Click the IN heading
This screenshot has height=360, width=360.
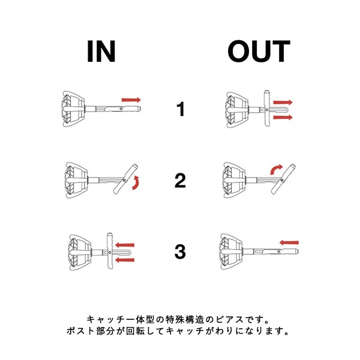[101, 51]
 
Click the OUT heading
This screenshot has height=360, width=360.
[259, 51]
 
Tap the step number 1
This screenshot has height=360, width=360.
[181, 109]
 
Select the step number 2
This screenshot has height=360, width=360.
[180, 181]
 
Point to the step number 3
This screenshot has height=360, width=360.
[180, 252]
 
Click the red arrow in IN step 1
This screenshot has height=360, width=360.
[131, 100]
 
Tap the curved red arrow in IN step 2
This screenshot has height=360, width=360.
[136, 183]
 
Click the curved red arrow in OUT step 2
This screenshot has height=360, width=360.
[276, 169]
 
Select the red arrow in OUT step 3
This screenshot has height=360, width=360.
[289, 242]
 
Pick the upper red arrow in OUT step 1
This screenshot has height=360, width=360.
[283, 103]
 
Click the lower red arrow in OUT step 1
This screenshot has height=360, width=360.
[283, 118]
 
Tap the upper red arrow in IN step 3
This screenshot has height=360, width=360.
[125, 245]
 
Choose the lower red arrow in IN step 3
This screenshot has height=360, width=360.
[125, 260]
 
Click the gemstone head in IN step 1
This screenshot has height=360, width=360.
[73, 109]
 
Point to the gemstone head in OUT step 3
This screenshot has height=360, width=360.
[231, 251]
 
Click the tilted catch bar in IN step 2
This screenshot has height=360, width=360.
[125, 179]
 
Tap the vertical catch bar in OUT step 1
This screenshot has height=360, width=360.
[266, 108]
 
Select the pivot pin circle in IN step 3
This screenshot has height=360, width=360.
[110, 253]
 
